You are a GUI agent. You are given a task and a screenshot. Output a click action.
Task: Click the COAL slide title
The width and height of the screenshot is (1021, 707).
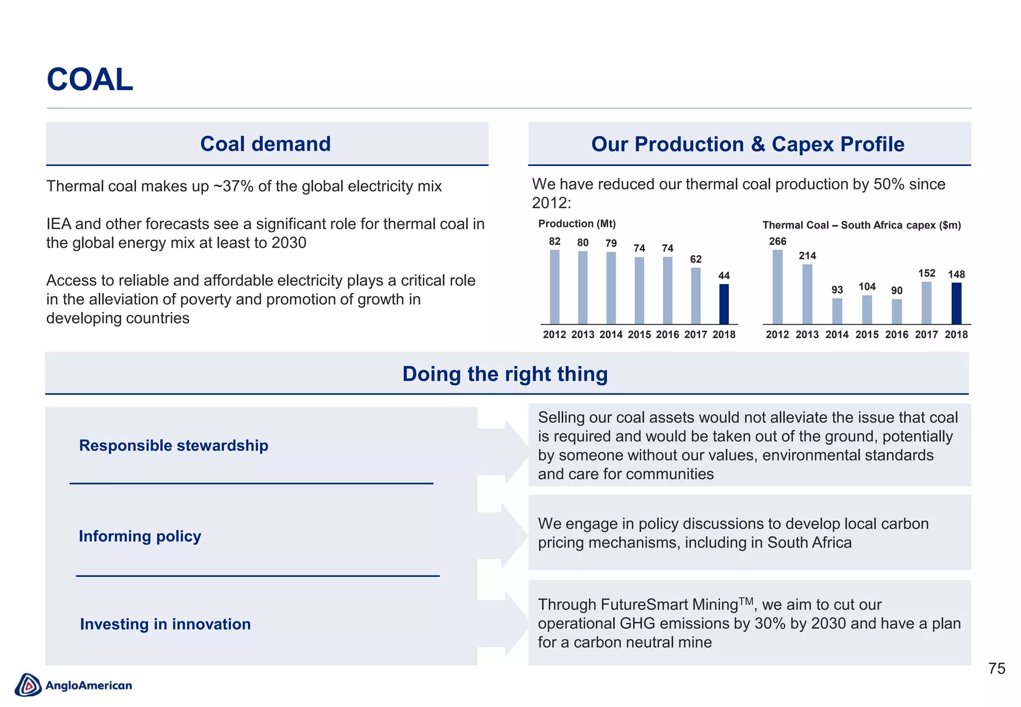pos(90,80)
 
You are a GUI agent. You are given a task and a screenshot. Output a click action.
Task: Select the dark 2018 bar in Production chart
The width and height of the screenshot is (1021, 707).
pos(724,304)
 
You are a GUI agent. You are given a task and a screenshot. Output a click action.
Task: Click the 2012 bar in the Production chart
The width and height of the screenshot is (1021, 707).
pos(554,287)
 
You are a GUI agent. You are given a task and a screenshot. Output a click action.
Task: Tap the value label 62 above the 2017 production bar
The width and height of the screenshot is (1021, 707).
pos(695,259)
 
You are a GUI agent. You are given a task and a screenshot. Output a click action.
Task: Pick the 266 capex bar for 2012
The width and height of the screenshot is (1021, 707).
pos(777,287)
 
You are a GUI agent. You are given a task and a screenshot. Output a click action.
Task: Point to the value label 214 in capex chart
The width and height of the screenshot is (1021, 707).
pos(807,256)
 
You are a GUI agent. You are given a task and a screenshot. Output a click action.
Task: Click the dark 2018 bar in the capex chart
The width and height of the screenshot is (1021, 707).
pos(956,303)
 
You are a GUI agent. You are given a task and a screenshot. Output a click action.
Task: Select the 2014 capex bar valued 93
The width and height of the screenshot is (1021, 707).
pos(837,311)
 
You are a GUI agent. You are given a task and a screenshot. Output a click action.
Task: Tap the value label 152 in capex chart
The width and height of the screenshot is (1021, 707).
pos(926,273)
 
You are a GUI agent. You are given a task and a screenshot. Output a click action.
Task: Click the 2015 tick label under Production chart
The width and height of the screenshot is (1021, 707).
pos(639,335)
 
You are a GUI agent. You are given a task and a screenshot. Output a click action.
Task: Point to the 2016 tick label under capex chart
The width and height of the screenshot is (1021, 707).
pos(896,335)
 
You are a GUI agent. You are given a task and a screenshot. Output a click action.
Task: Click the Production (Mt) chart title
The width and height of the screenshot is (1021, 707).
pos(577,224)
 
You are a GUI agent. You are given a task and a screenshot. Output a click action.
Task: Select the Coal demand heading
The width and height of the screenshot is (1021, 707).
pos(265,144)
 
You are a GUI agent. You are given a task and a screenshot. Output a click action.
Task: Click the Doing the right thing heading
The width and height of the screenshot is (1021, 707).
pos(505,374)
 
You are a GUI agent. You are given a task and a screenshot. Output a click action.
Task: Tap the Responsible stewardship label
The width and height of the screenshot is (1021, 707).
pos(173,445)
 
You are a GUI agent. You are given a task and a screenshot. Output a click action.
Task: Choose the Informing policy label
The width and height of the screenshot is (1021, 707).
pos(140,536)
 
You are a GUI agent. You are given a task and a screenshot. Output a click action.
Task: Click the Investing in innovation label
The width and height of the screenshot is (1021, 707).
pos(165,624)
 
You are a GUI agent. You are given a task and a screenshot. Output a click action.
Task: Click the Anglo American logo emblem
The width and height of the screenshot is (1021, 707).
pos(28,685)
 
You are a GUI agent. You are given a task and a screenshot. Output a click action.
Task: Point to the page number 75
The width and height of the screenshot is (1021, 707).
pos(996,669)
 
